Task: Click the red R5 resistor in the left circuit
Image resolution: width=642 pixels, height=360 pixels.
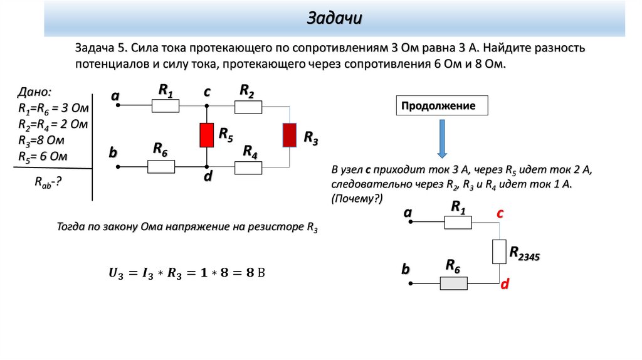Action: click(x=206, y=135)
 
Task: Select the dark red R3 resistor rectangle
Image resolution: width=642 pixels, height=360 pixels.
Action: click(x=289, y=135)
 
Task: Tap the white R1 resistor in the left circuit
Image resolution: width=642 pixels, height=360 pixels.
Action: click(x=166, y=107)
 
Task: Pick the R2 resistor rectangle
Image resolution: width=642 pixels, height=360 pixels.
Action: click(x=248, y=107)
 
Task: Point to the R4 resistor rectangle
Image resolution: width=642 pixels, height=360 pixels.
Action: click(x=248, y=167)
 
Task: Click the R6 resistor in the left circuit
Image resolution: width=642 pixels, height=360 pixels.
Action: click(x=161, y=167)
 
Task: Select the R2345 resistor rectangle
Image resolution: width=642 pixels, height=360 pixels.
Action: click(x=499, y=252)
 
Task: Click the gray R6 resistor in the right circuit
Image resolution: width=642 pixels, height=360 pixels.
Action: click(x=453, y=283)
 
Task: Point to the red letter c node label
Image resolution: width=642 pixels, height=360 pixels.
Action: click(x=500, y=214)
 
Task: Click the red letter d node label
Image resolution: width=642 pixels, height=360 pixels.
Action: click(x=503, y=284)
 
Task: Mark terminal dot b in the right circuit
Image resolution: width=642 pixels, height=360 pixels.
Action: click(x=411, y=283)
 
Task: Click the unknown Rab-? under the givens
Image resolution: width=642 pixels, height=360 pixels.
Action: click(x=48, y=182)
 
